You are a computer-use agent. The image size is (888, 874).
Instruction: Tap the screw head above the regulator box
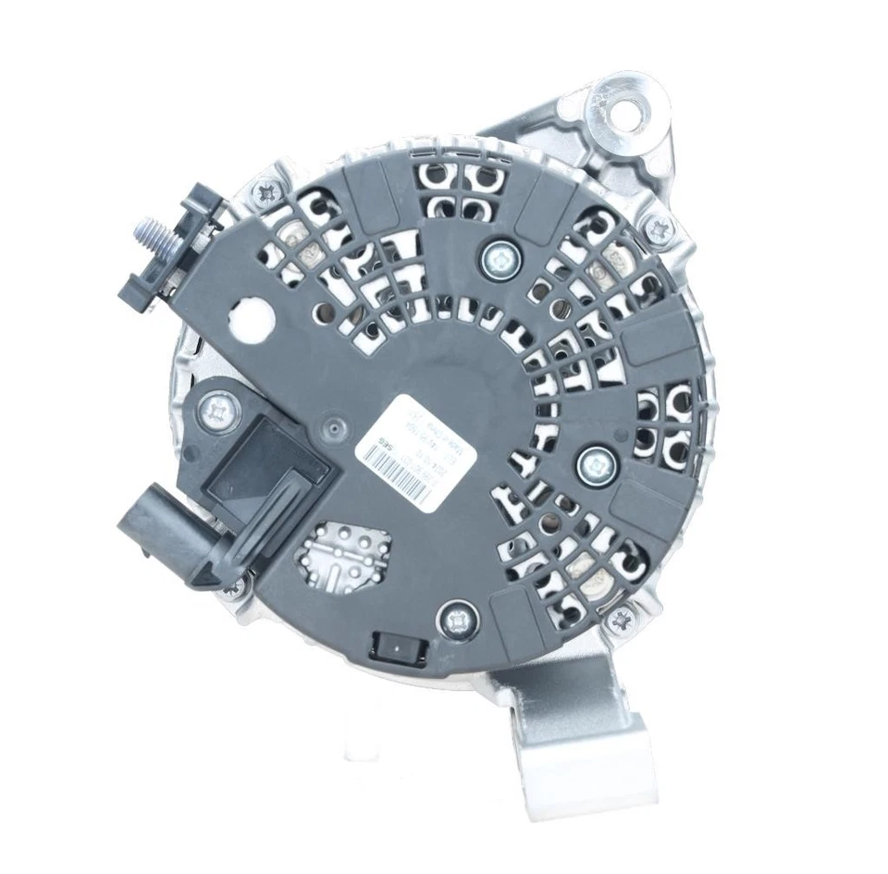click(216, 403)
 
